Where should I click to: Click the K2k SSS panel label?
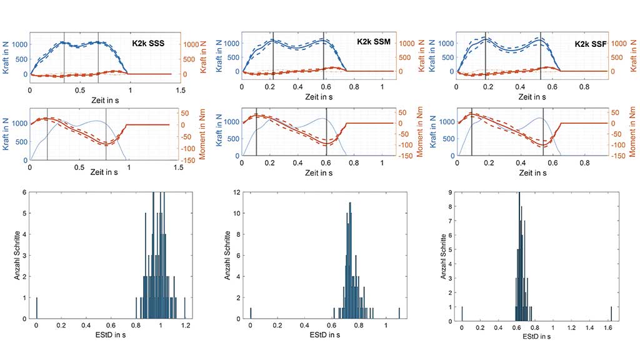click(148, 42)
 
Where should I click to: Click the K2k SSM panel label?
click(373, 41)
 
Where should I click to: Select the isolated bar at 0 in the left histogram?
click(37, 307)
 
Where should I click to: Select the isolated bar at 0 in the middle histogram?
click(251, 313)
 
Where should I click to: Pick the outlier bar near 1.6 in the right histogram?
click(611, 312)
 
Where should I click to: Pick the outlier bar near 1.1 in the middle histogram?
click(399, 313)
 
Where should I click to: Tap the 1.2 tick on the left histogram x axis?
click(185, 326)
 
